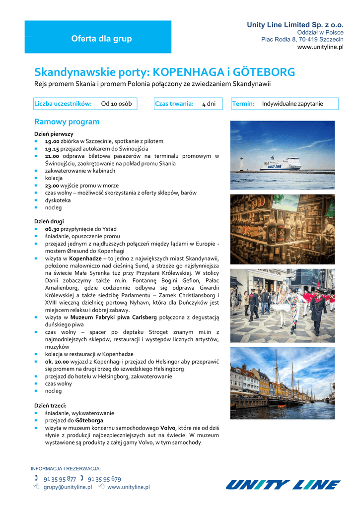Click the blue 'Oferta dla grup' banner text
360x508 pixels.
tap(101, 39)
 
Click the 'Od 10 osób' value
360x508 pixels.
tap(116, 104)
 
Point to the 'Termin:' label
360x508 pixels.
tap(243, 104)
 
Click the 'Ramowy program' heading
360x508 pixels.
tap(67, 122)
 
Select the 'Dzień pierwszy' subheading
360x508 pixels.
tap(54, 134)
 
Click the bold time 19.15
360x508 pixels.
tap(52, 148)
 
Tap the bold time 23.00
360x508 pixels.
tap(52, 186)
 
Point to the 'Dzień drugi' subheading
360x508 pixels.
tap(49, 221)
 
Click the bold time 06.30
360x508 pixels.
tap(52, 229)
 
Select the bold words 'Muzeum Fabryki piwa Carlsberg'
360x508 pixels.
tap(114, 317)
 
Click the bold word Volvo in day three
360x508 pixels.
tap(169, 428)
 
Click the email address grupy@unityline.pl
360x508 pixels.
tap(68, 487)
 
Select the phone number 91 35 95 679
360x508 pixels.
tap(104, 479)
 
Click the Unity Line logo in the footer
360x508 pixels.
tap(283, 485)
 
